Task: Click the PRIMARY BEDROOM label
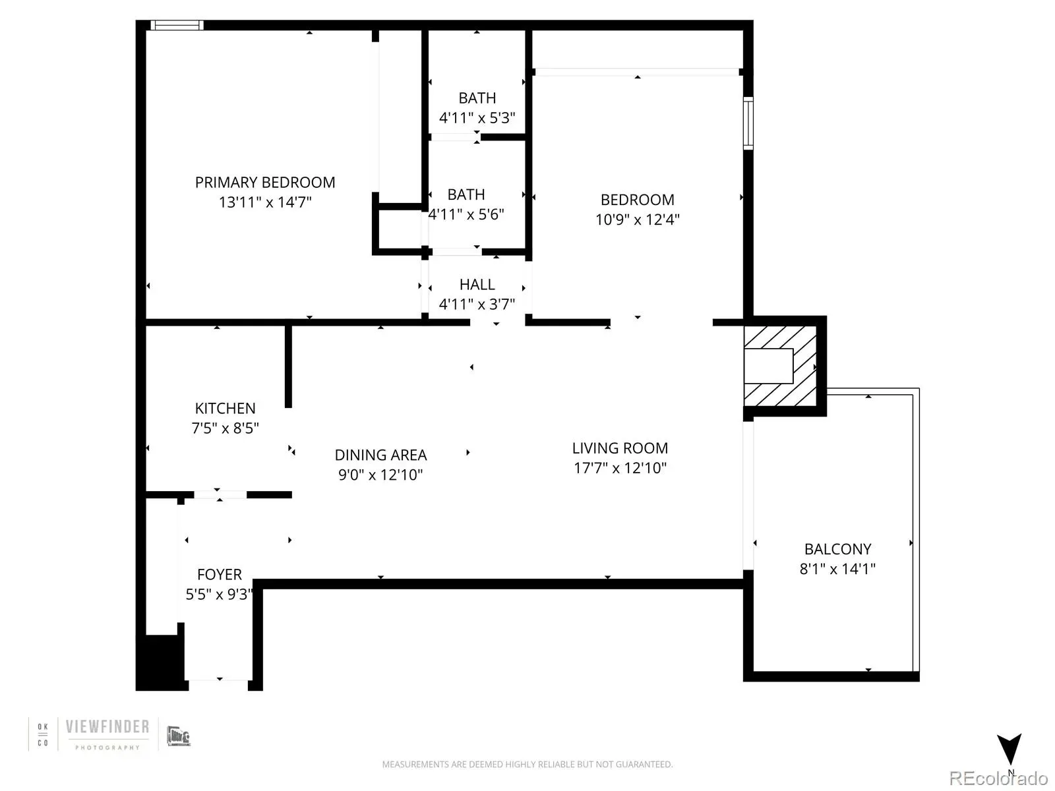[x=265, y=183]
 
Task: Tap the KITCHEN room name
[x=225, y=408]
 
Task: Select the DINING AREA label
[x=380, y=455]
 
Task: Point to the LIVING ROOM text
[x=620, y=448]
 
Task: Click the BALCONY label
[x=838, y=549]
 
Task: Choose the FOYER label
[x=219, y=574]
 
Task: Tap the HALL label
[x=477, y=284]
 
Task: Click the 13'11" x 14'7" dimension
[x=265, y=202]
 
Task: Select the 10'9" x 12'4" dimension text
[x=638, y=220]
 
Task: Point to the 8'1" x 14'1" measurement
[x=838, y=569]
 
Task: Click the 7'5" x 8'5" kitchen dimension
[x=225, y=428]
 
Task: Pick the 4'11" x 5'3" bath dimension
[x=477, y=118]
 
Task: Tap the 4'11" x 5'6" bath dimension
[x=466, y=214]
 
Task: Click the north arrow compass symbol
[x=1009, y=749]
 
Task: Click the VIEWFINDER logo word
[x=107, y=726]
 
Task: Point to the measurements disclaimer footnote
[x=527, y=764]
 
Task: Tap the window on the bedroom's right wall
[x=748, y=123]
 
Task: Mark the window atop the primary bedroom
[x=177, y=25]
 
